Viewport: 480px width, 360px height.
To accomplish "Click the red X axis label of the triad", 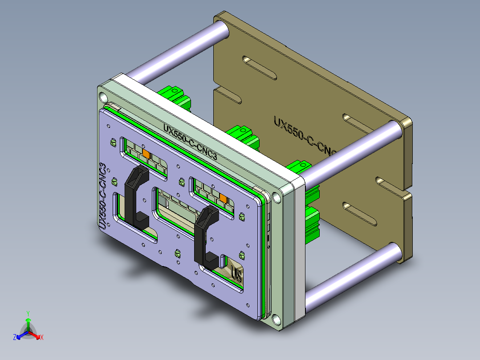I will (41, 338).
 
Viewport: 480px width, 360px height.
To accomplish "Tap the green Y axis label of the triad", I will (28, 313).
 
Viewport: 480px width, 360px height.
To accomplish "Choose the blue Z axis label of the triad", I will (15, 338).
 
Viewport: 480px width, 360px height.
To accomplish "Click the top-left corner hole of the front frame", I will (103, 96).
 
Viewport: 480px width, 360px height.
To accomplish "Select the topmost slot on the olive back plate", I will (259, 66).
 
